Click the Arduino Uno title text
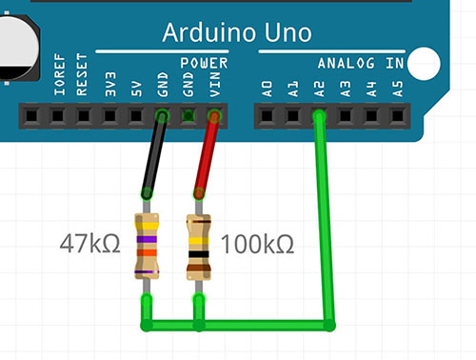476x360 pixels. tap(237, 32)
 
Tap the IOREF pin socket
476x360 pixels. tap(31, 116)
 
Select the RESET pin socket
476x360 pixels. tap(58, 116)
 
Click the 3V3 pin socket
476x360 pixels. tap(109, 116)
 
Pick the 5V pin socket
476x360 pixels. tap(136, 116)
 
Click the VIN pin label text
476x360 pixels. tap(215, 84)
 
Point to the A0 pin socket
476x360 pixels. tap(267, 116)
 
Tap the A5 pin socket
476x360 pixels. tap(397, 116)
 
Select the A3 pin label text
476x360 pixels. tap(346, 89)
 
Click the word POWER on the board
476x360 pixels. tap(204, 63)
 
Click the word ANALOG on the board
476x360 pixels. tap(347, 63)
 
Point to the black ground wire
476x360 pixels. tap(154, 154)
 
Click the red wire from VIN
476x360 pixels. tap(207, 154)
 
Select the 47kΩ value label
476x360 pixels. tap(90, 244)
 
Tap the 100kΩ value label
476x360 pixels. tap(257, 244)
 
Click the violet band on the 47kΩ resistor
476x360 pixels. tap(147, 239)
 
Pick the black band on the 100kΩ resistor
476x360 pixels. tap(199, 254)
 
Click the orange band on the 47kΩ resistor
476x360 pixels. tap(147, 253)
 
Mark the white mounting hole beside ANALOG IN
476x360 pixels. tap(424, 64)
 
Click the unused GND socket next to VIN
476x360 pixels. tap(188, 116)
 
